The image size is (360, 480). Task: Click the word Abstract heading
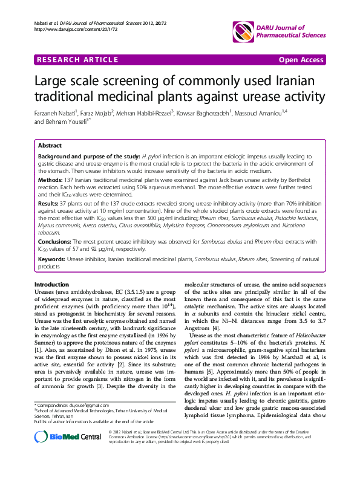coord(50,146)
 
